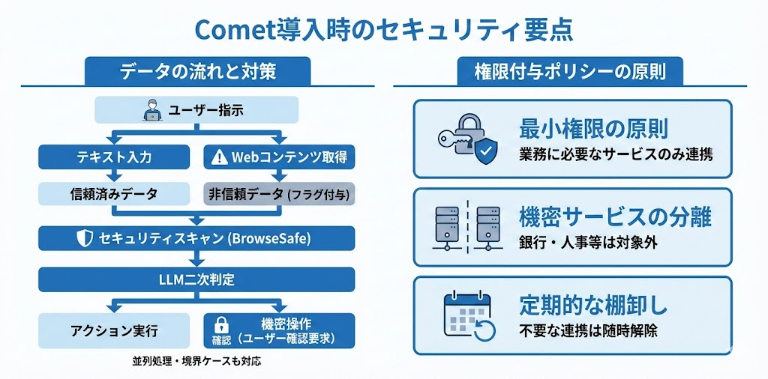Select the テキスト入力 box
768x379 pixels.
coord(113,157)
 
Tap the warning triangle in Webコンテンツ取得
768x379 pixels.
coord(219,157)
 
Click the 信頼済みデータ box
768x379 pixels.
coord(113,194)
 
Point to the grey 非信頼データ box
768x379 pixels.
coord(279,194)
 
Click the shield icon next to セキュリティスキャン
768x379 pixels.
coord(84,239)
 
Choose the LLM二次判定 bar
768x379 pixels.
coord(197,280)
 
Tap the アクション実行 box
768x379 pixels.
coord(113,330)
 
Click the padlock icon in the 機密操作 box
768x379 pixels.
coord(221,324)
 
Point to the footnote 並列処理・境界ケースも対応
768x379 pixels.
coord(196,362)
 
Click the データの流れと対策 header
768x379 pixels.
coord(197,71)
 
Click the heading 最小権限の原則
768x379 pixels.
coord(593,128)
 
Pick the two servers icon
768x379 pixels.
coord(466,226)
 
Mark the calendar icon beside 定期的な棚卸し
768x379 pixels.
coord(466,315)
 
